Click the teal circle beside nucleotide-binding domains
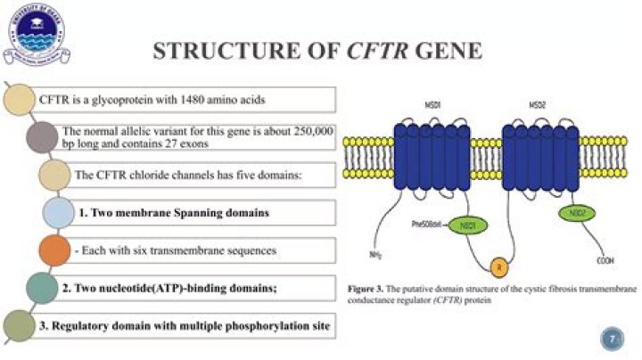(42, 288)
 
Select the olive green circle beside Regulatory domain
(21, 326)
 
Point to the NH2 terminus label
(378, 256)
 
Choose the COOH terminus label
(607, 261)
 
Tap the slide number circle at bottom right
(611, 338)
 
